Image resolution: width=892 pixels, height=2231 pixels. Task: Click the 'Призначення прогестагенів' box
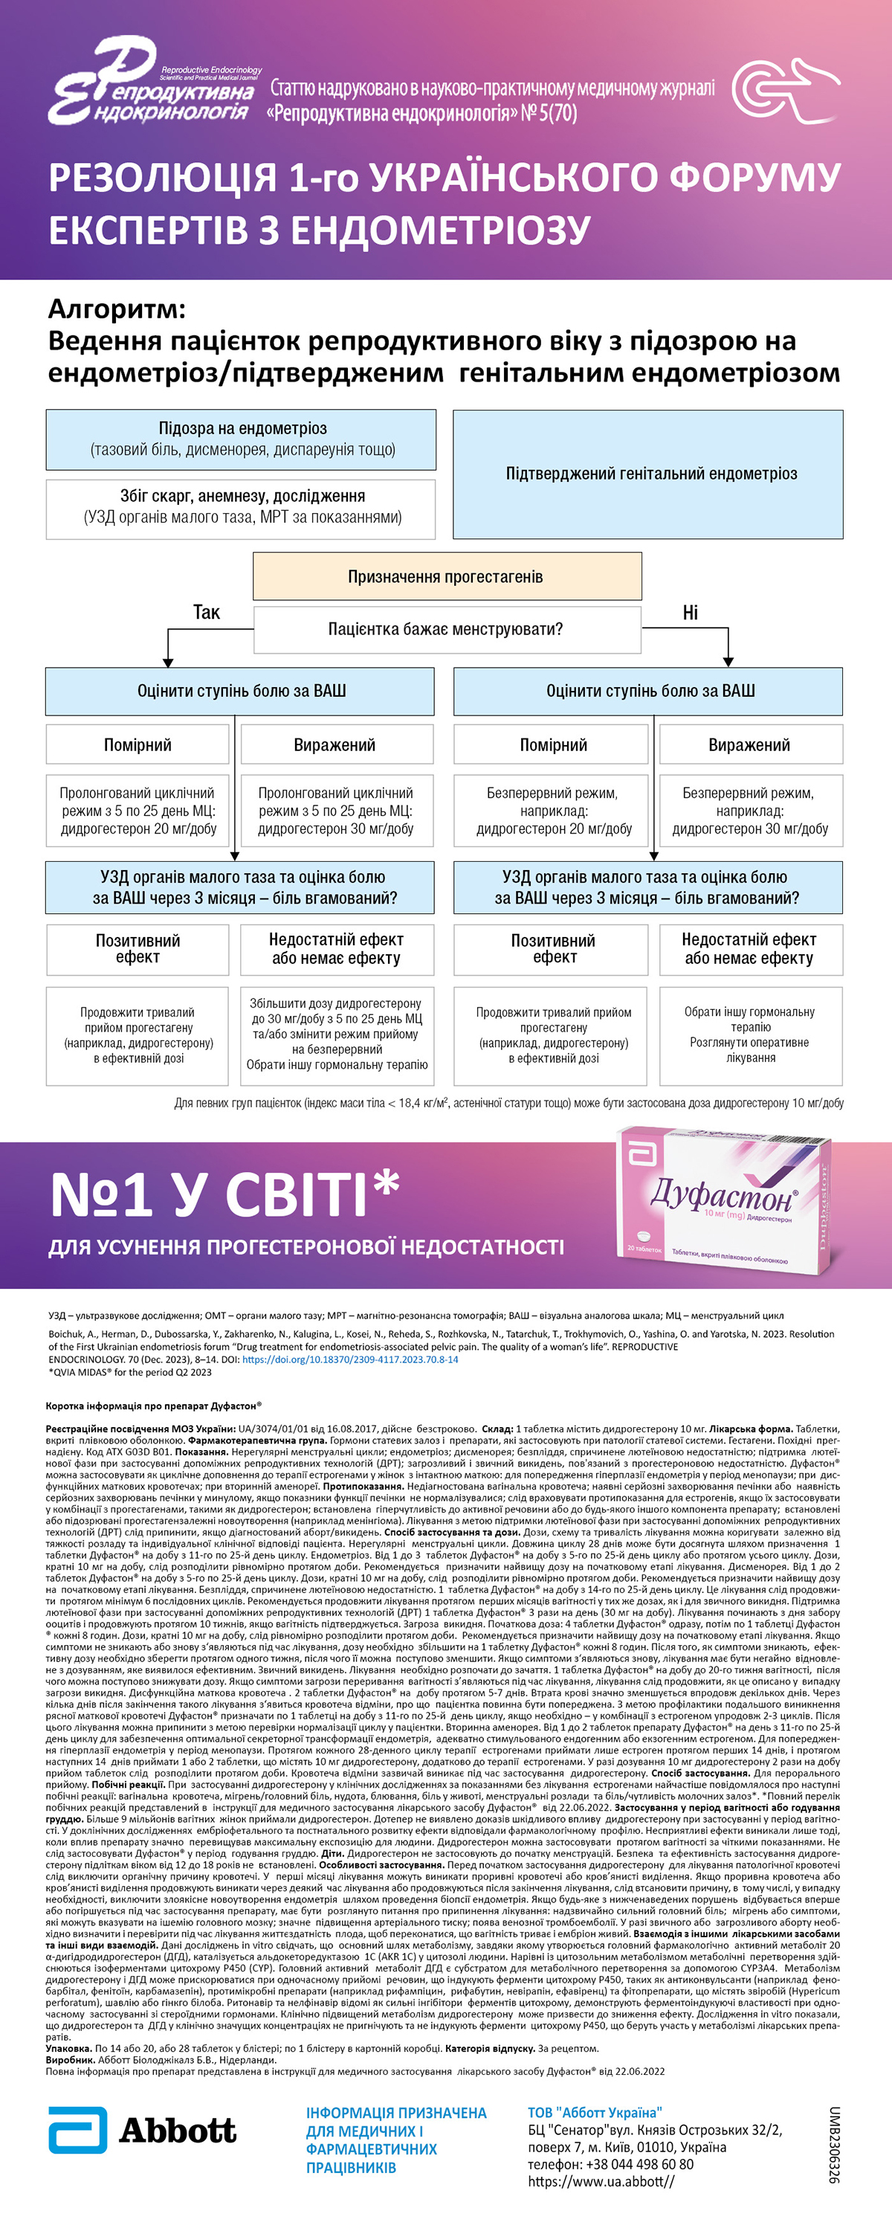pyautogui.click(x=446, y=577)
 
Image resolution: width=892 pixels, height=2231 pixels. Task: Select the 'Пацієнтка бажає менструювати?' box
pyautogui.click(x=446, y=628)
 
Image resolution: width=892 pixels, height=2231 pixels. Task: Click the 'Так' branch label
pyautogui.click(x=206, y=612)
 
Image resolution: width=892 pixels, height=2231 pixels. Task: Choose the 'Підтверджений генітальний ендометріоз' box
pyautogui.click(x=647, y=474)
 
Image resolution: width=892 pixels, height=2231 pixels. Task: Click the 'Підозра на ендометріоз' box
pyautogui.click(x=242, y=439)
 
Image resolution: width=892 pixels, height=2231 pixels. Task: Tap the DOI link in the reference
pyautogui.click(x=350, y=1359)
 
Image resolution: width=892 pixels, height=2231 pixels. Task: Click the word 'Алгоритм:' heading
pyautogui.click(x=117, y=309)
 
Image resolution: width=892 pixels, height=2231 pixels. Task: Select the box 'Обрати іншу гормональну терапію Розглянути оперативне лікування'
pyautogui.click(x=750, y=1035)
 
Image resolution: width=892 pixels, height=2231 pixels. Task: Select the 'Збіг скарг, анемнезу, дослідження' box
pyautogui.click(x=242, y=506)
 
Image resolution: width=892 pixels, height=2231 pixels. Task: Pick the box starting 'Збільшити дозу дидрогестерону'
pyautogui.click(x=337, y=1034)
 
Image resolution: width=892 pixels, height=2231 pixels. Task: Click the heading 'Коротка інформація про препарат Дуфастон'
pyautogui.click(x=153, y=1406)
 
